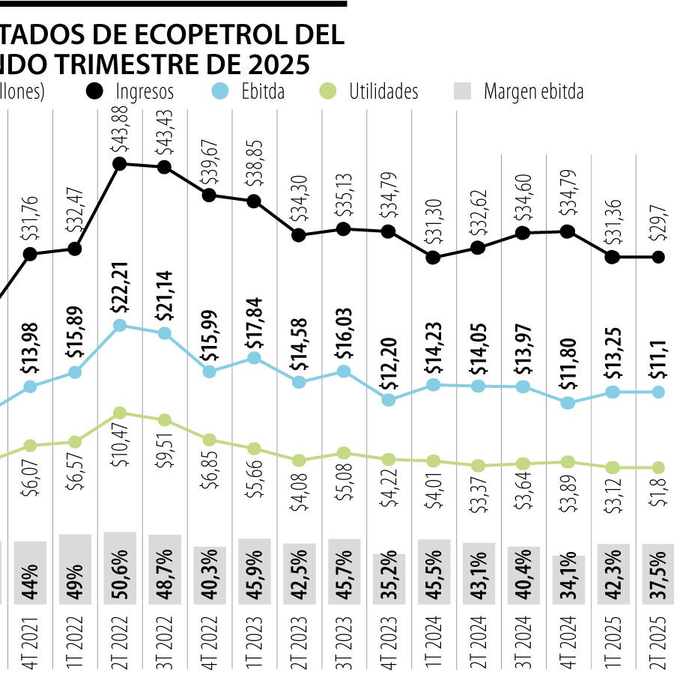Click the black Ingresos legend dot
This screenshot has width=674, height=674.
click(x=95, y=91)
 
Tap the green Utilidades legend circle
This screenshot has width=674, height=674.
click(x=327, y=91)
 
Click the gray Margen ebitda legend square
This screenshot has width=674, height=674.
click(x=464, y=92)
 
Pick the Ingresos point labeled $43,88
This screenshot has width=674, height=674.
click(x=120, y=164)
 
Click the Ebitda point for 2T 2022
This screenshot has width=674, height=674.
click(x=120, y=326)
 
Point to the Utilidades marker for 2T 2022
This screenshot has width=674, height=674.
click(x=120, y=413)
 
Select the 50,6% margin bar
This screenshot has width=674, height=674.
click(x=120, y=568)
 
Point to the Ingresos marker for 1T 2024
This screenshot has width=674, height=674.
click(x=433, y=258)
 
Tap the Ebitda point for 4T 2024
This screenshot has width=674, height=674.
click(x=568, y=402)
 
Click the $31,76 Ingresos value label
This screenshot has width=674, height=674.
click(x=30, y=217)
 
